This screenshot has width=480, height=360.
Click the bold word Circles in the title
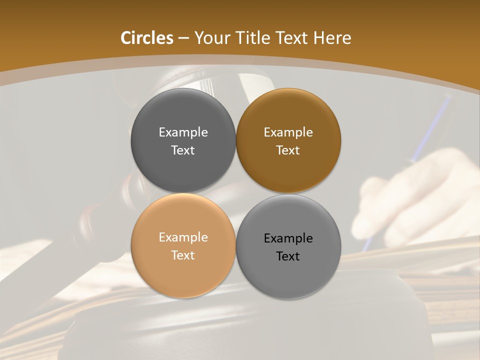tap(147, 38)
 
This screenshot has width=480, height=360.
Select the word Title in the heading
tap(255, 38)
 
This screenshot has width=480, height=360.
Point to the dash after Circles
tap(183, 38)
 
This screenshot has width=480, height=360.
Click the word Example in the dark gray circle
tap(183, 132)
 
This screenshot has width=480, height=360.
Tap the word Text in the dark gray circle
tap(183, 150)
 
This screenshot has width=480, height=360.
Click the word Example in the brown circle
tap(288, 132)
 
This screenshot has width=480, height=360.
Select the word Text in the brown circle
tap(288, 150)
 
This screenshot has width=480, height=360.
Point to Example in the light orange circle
tap(183, 237)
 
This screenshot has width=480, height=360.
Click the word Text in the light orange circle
tap(183, 255)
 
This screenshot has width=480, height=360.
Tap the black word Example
tap(288, 238)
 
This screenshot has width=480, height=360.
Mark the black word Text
tap(288, 256)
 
